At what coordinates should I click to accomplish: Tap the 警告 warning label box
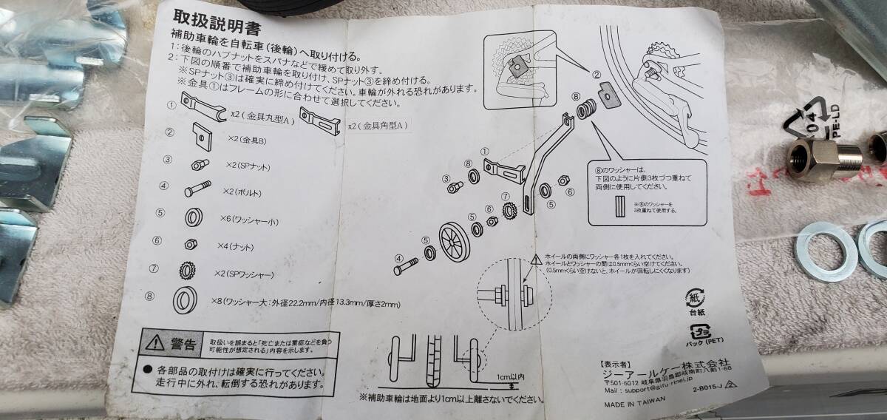[x=173, y=344]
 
